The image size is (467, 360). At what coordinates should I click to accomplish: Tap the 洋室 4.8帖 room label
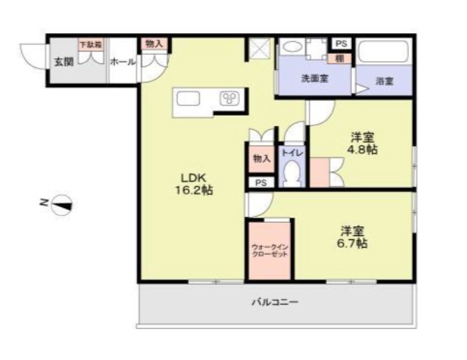[x=362, y=143]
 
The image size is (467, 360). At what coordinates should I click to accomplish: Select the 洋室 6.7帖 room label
[x=353, y=235]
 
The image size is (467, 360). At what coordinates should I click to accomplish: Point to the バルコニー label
[x=274, y=302]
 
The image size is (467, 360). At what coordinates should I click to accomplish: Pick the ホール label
[x=122, y=62]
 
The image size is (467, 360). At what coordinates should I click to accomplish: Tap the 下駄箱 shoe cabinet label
[x=91, y=44]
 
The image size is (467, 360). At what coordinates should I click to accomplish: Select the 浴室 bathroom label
[x=384, y=81]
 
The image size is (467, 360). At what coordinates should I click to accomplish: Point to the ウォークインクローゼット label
[x=269, y=250]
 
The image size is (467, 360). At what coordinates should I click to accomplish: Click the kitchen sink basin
[x=184, y=99]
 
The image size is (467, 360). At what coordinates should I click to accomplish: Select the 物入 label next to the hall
[x=153, y=44]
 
